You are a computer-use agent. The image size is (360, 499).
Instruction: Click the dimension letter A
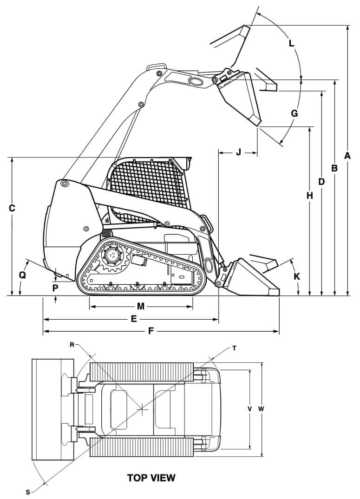point(347,156)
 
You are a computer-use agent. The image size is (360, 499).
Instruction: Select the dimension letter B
point(334,168)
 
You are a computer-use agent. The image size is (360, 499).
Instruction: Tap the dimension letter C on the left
point(13,209)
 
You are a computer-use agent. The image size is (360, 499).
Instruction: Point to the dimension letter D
point(321,181)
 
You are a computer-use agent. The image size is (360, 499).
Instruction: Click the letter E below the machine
point(134,319)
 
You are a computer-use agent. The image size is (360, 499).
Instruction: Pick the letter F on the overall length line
point(151,331)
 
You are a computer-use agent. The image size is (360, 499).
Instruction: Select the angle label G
point(294,113)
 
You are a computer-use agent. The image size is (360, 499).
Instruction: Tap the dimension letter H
point(309,196)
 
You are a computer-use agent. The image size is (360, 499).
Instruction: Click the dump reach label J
point(238,152)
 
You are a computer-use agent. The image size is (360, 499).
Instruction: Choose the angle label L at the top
point(291,44)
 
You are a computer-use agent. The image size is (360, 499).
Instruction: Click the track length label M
point(141,306)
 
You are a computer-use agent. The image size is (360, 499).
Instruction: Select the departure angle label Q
point(22,275)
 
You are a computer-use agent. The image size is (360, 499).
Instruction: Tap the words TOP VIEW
point(151,477)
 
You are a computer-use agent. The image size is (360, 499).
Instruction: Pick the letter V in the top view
point(249,409)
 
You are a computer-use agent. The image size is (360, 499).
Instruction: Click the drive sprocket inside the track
point(112,256)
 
